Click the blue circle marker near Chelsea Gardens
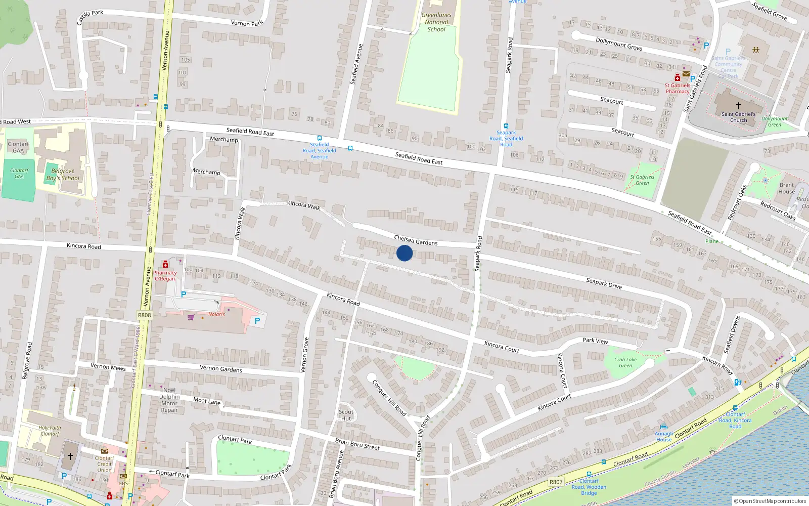404,253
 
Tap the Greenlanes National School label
436,22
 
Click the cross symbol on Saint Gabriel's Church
738,106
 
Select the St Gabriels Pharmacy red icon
678,78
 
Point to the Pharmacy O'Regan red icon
165,265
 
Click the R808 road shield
145,315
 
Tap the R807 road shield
556,482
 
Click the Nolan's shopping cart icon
191,317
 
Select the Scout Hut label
346,415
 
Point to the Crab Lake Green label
625,362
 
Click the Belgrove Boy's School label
63,175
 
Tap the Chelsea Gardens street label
416,240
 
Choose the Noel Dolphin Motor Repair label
169,400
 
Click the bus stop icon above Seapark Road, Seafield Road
506,126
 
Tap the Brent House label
786,188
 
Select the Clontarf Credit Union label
104,463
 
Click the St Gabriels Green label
642,180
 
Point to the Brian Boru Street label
357,444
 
